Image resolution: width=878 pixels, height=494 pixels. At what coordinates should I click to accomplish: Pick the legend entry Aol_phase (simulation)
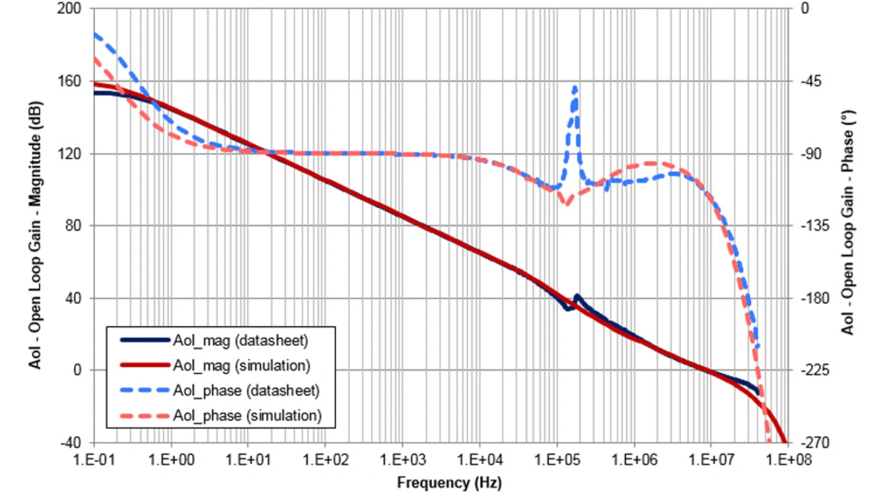click(247, 415)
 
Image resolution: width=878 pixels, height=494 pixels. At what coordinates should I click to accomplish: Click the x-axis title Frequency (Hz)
click(449, 483)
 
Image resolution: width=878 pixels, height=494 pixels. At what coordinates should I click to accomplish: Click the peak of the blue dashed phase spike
click(575, 87)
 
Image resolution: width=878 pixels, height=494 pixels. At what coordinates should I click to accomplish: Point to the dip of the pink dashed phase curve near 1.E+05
click(566, 203)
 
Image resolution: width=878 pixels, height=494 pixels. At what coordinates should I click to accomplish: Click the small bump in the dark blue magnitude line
click(577, 296)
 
